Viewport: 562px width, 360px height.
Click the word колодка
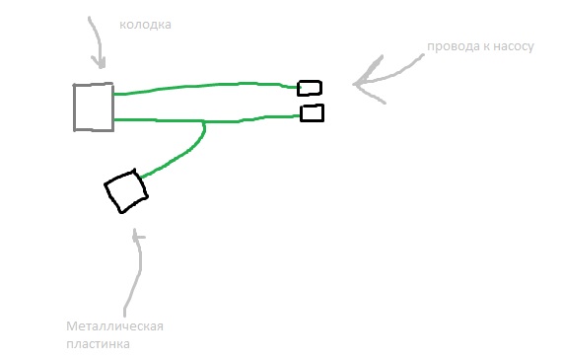[x=145, y=25]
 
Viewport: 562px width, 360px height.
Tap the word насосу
[x=514, y=46]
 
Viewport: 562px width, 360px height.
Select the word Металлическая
[x=114, y=326]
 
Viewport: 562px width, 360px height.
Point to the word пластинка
[x=98, y=344]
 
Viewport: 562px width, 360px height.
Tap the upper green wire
[x=206, y=86]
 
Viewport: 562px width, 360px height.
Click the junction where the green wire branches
[x=203, y=122]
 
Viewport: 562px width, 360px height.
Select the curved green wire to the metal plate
[x=182, y=155]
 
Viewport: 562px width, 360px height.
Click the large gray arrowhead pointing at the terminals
[x=369, y=81]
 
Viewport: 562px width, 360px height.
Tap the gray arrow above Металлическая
[x=137, y=272]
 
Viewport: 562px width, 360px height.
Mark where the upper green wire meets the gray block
[x=114, y=95]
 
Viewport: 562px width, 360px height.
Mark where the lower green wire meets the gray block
[x=114, y=119]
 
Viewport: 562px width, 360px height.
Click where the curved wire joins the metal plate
[x=142, y=177]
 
